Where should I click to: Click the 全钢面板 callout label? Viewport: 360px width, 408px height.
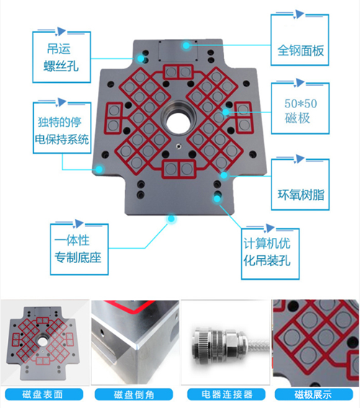click(x=300, y=50)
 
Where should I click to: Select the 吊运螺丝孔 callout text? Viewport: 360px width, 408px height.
click(x=60, y=57)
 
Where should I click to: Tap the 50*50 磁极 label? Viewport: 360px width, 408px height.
click(x=300, y=111)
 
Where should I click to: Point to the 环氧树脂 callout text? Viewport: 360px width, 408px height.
click(x=301, y=195)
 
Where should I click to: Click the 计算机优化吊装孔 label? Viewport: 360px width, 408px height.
click(x=267, y=252)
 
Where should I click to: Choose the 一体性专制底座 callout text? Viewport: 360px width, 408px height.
click(x=78, y=249)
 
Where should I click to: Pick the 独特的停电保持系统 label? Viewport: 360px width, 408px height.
click(x=62, y=130)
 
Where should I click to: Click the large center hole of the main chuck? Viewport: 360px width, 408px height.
click(x=178, y=122)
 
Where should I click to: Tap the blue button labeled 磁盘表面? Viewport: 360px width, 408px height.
click(x=44, y=394)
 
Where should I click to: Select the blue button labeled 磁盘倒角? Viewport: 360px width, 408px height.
click(x=134, y=394)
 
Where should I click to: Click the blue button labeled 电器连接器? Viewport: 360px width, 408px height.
click(x=226, y=394)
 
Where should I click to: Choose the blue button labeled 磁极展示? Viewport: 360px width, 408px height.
click(x=314, y=394)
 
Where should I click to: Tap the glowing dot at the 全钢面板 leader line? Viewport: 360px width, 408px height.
click(x=186, y=45)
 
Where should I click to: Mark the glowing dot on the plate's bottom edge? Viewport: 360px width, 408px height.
click(x=171, y=218)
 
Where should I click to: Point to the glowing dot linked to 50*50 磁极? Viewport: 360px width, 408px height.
click(x=225, y=112)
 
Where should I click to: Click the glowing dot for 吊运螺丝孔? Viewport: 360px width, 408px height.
click(x=141, y=58)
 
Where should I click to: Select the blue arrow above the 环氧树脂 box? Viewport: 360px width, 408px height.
click(x=299, y=159)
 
